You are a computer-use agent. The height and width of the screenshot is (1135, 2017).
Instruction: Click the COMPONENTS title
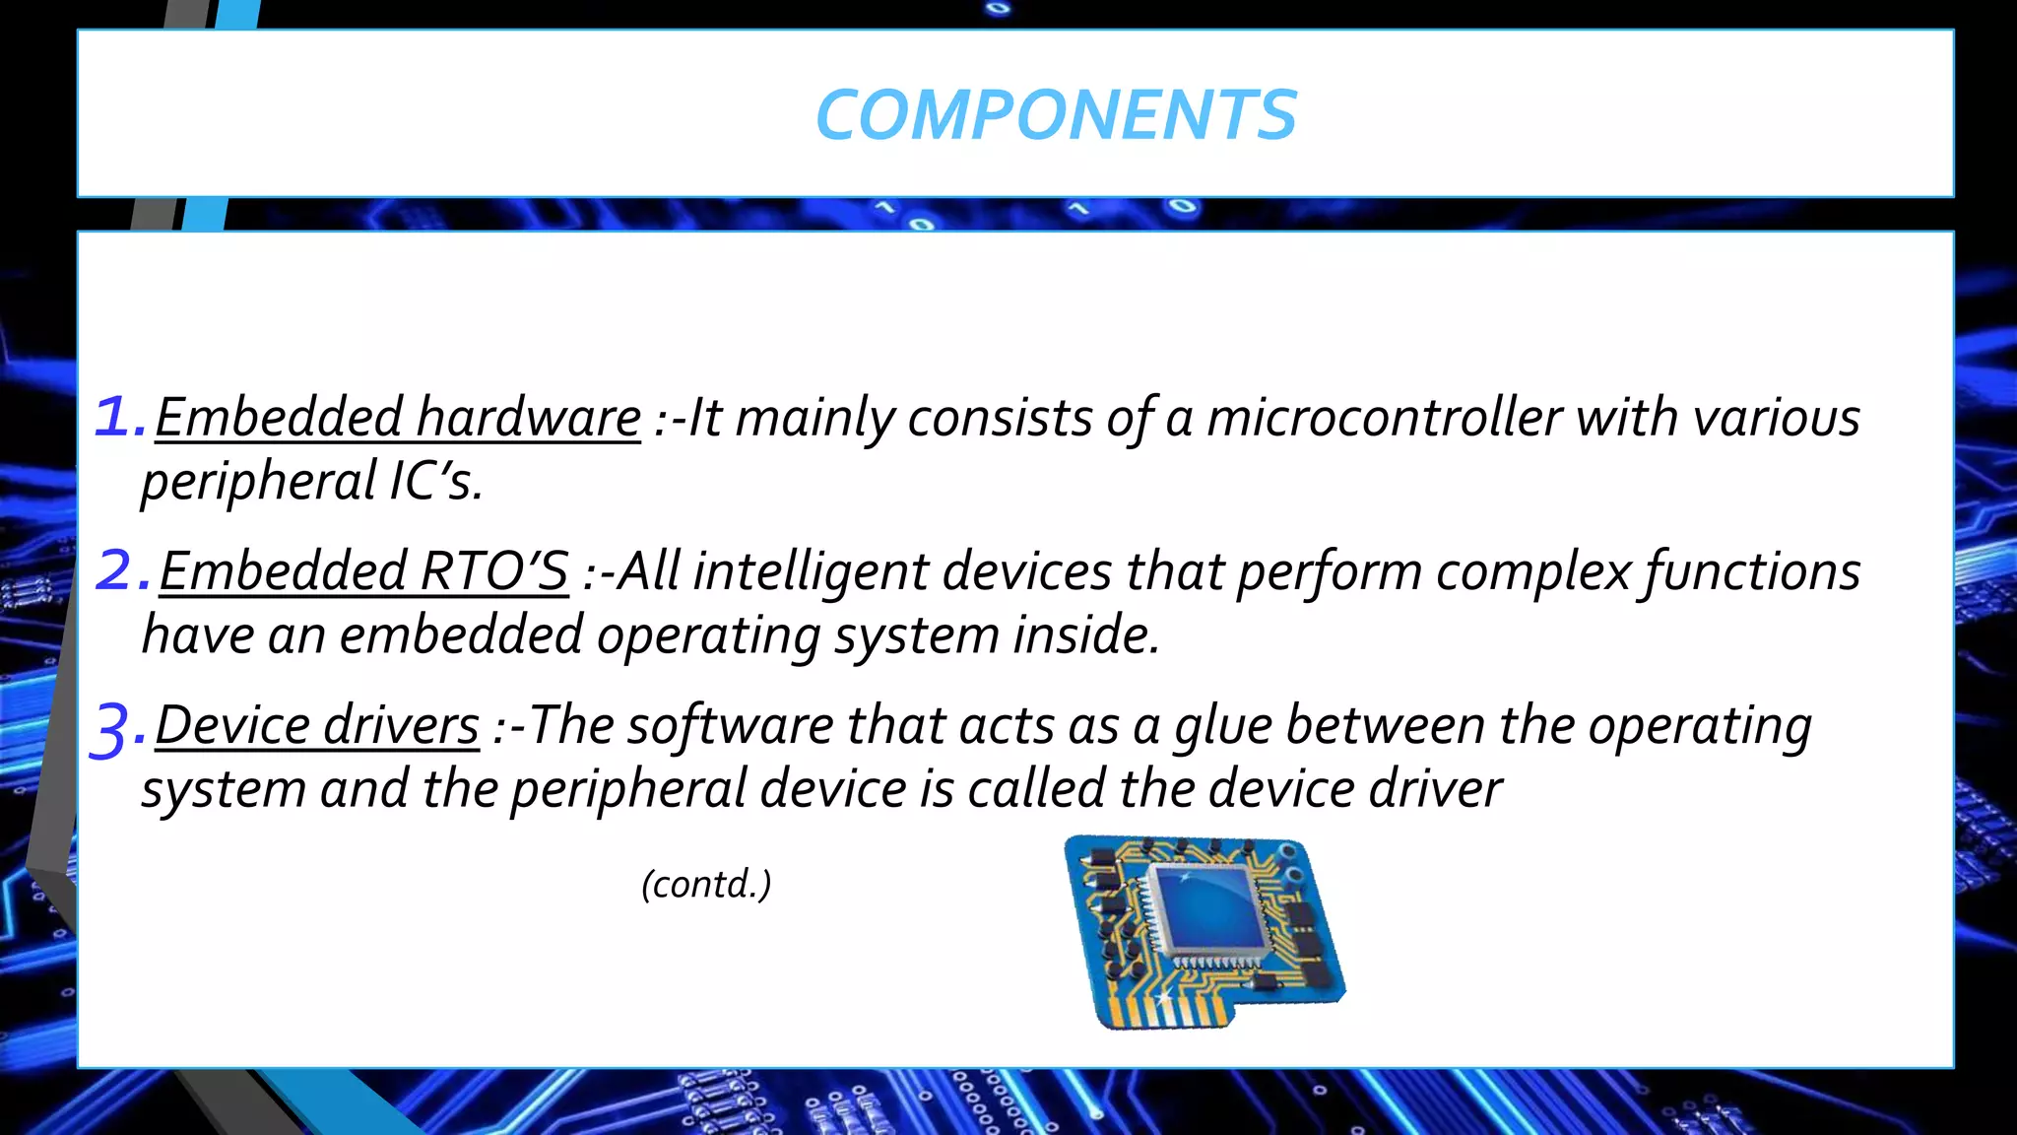point(1056,115)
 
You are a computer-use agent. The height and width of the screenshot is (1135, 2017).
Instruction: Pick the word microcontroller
point(1384,417)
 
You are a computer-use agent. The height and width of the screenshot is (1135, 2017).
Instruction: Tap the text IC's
point(435,482)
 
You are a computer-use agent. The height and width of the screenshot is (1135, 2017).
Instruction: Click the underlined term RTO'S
point(493,571)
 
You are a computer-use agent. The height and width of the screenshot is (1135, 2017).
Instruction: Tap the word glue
point(1223,726)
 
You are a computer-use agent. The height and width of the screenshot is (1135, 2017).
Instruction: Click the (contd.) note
point(706,884)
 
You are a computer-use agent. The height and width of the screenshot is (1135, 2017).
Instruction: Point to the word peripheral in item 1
point(258,482)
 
